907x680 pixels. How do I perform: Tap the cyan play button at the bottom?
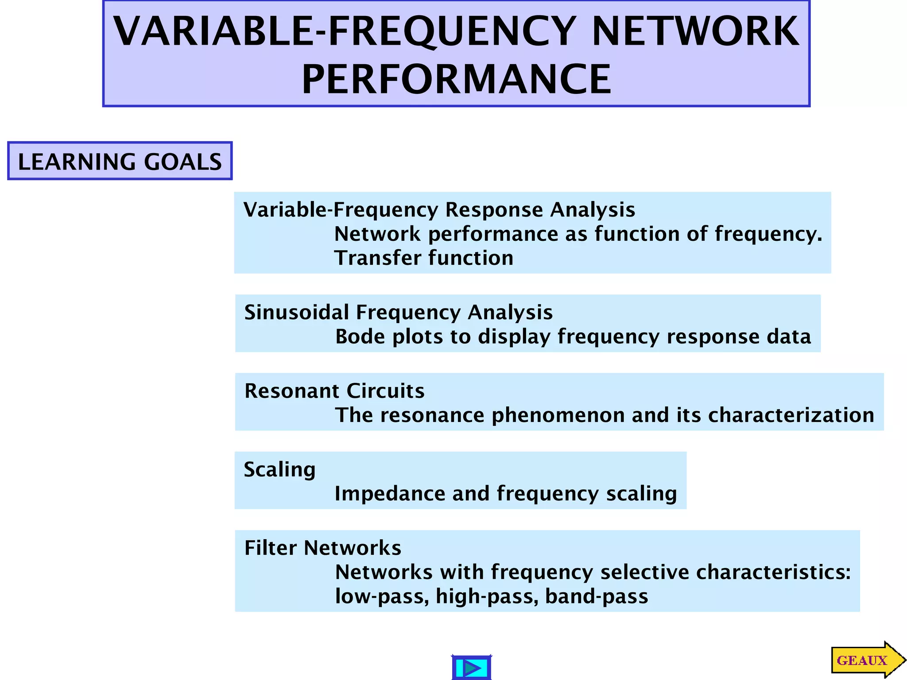pyautogui.click(x=471, y=667)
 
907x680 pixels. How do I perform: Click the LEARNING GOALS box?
pyautogui.click(x=120, y=161)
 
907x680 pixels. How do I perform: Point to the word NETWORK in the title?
pyautogui.click(x=695, y=31)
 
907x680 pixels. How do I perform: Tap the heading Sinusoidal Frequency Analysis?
pyautogui.click(x=398, y=313)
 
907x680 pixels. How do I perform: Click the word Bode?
pyautogui.click(x=360, y=337)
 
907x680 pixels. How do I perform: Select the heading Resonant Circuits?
pyautogui.click(x=334, y=391)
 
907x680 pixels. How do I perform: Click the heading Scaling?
pyautogui.click(x=279, y=470)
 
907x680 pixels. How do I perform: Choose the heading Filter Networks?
pyautogui.click(x=322, y=548)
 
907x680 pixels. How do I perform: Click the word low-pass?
pyautogui.click(x=382, y=597)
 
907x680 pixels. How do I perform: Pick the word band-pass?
pyautogui.click(x=596, y=597)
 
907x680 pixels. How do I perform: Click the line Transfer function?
pyautogui.click(x=424, y=258)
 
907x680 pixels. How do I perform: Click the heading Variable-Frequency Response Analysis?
pyautogui.click(x=439, y=210)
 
